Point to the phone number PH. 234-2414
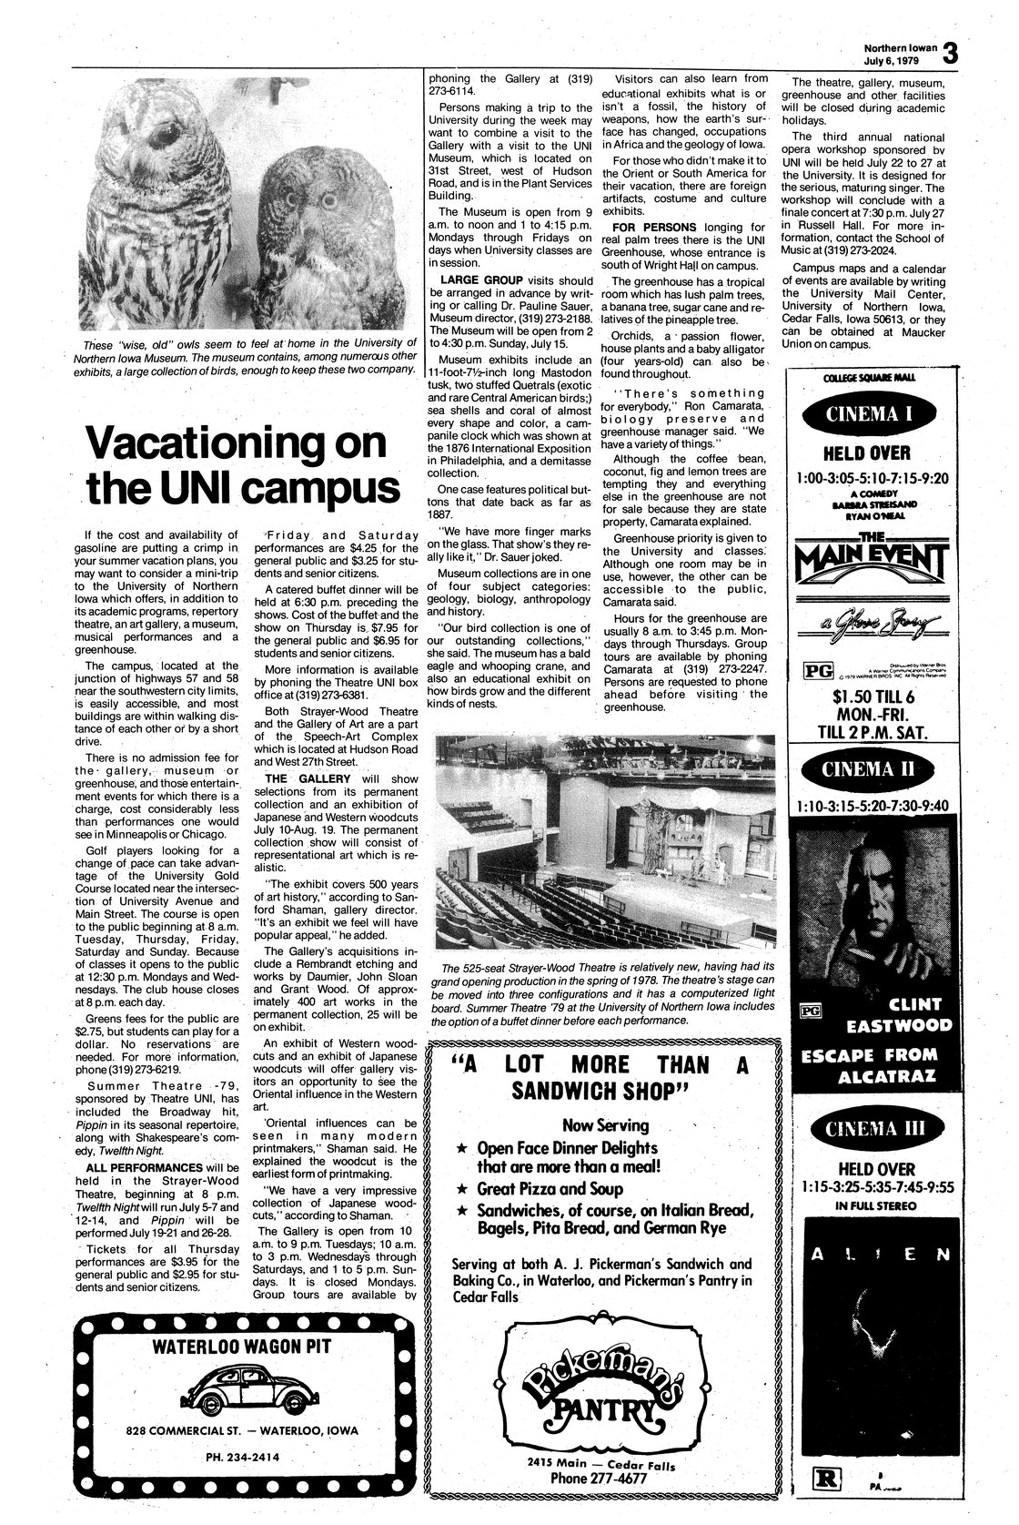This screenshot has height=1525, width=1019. pos(241,1456)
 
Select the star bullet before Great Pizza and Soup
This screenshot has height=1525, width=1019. pos(462,1189)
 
